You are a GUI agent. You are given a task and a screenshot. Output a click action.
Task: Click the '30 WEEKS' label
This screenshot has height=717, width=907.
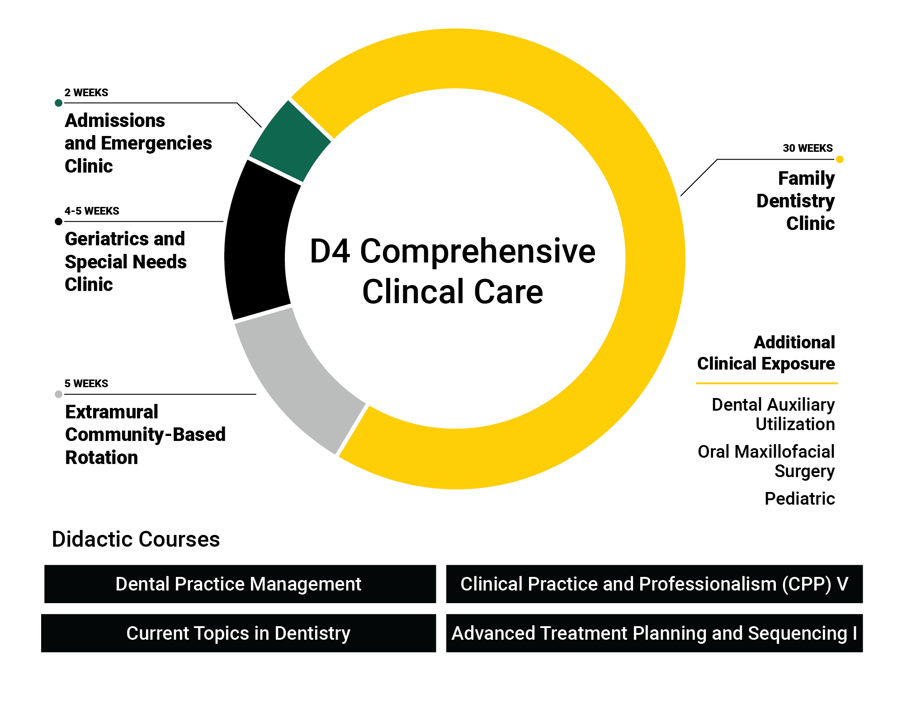coord(807,148)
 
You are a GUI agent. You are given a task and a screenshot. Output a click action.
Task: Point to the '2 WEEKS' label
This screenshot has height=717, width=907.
coord(86,93)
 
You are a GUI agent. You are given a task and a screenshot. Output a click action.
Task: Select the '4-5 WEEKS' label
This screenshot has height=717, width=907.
coord(92,211)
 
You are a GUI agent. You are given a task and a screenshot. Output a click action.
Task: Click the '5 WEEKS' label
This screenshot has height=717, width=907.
coord(86,384)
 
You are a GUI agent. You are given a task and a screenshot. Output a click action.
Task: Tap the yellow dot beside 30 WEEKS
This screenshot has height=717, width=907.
coord(840,159)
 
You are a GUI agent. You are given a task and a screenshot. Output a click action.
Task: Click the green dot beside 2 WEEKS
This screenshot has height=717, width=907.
coord(58,103)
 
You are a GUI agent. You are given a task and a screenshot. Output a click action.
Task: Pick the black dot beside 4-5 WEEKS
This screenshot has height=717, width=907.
coord(58,221)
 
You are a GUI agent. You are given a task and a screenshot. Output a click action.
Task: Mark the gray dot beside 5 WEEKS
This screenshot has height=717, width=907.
coord(58,394)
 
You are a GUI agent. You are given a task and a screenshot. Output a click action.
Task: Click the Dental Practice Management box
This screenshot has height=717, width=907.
coord(240,584)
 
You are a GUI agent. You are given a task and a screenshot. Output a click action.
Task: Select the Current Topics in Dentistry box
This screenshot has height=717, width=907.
coord(238,633)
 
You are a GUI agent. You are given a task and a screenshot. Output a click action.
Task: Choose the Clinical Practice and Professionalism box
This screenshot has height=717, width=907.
coord(654,584)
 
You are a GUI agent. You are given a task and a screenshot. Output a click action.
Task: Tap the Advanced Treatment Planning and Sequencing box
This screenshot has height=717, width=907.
coord(654,633)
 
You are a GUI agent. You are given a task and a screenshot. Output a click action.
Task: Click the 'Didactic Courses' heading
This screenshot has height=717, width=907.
coord(136,539)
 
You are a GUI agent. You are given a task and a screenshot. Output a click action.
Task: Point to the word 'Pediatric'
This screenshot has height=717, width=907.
coord(799,499)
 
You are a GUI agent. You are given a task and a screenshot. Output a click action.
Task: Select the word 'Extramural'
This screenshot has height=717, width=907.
coord(112,412)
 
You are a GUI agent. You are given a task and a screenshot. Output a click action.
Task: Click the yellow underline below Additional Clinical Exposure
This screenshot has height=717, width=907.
coord(766,383)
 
